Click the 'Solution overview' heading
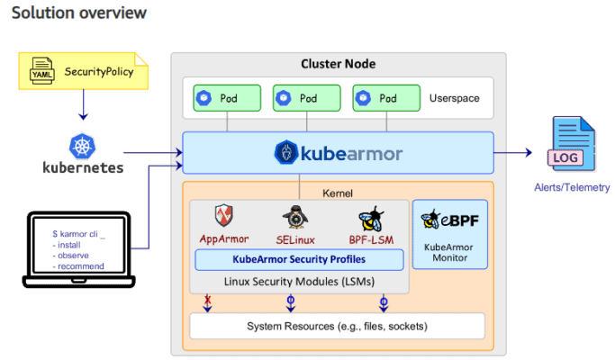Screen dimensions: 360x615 coord(79,13)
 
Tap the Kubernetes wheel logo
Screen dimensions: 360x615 coord(82,145)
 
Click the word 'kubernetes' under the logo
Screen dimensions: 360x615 coord(83,167)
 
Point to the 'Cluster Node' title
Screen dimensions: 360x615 coord(338,64)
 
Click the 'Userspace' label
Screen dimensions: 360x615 coord(455,97)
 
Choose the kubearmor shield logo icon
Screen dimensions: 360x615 coord(285,153)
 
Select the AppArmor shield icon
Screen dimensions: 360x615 coord(223,217)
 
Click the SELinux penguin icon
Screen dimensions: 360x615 coord(294,217)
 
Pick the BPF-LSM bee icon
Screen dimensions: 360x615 coord(370,218)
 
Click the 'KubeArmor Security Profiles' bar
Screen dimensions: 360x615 coord(299,260)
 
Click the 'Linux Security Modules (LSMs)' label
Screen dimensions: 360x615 coord(299,281)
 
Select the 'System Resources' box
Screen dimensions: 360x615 coord(337,325)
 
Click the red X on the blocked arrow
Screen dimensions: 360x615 coord(208,299)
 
